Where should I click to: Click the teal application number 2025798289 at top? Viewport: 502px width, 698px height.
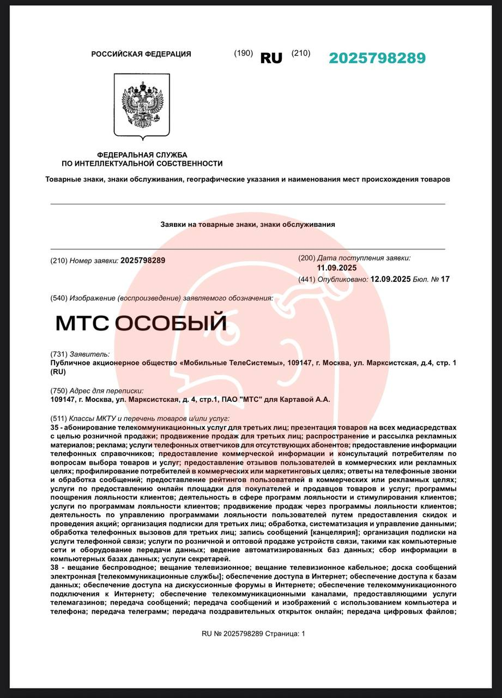point(377,58)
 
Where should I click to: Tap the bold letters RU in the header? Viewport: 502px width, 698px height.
point(271,58)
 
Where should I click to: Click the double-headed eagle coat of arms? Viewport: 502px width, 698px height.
point(142,105)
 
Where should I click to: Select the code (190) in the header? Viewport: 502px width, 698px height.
point(243,53)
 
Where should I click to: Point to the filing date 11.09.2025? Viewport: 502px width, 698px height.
point(337,268)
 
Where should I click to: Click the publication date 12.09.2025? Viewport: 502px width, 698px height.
point(390,279)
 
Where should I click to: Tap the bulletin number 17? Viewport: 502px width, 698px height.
point(445,279)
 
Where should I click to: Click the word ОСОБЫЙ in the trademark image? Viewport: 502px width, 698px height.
point(171,323)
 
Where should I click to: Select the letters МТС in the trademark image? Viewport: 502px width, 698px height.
point(83,323)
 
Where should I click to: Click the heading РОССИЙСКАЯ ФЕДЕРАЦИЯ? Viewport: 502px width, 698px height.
point(141,54)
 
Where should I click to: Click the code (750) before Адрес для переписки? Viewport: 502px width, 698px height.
point(59,391)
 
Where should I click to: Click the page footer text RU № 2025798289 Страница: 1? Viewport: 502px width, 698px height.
point(253,634)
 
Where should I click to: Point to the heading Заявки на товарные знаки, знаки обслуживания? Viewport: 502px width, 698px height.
point(247,224)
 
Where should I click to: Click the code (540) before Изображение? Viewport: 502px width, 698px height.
point(59,298)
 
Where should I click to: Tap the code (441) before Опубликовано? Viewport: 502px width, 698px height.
point(307,280)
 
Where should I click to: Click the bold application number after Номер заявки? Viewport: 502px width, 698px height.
point(143,261)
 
